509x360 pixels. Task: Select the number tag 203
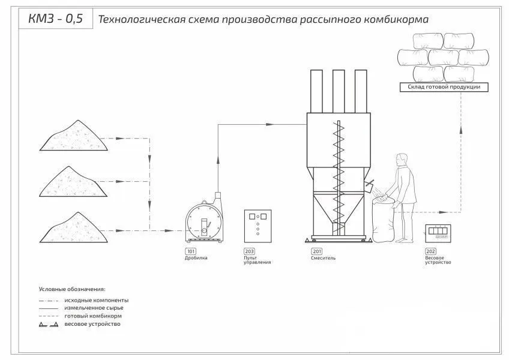[248, 251]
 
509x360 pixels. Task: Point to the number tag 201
[316, 251]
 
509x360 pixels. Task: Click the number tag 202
[430, 251]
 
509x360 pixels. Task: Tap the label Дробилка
[196, 258]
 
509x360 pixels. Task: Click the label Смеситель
[324, 258]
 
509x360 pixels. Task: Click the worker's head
[400, 161]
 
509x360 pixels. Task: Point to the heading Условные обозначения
[72, 289]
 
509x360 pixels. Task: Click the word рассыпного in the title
[321, 19]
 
